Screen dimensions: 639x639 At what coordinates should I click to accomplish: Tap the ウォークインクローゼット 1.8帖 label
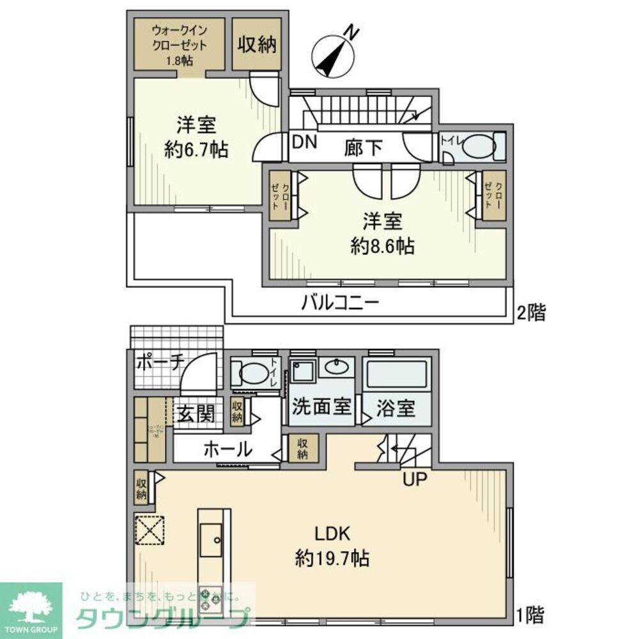click(179, 45)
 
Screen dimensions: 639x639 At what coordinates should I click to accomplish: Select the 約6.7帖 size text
click(196, 150)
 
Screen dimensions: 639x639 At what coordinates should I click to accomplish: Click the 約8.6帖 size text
click(382, 246)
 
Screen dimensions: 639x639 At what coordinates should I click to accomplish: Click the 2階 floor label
click(530, 312)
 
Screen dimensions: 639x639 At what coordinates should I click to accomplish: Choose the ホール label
click(227, 449)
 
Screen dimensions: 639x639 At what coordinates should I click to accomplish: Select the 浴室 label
click(396, 408)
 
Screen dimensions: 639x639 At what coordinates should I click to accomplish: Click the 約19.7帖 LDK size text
click(332, 558)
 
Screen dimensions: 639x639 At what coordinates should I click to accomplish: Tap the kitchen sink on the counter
click(210, 538)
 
